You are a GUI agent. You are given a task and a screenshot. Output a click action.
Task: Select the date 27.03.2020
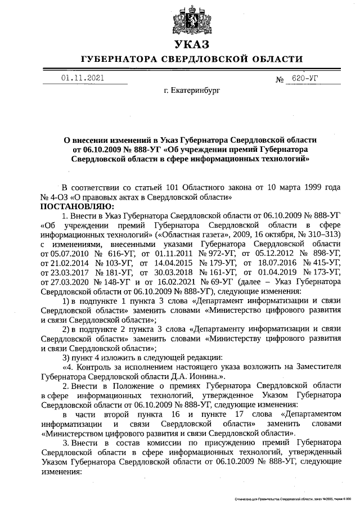click(64, 283)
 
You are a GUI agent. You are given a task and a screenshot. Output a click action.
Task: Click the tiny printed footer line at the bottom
click(292, 499)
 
